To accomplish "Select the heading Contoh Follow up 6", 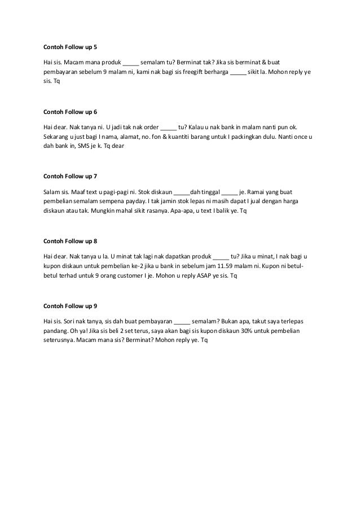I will tap(70, 112).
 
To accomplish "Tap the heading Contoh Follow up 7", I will tap(70, 176).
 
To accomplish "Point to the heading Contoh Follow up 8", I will tap(70, 241).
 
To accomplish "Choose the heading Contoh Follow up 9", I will tap(70, 305).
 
